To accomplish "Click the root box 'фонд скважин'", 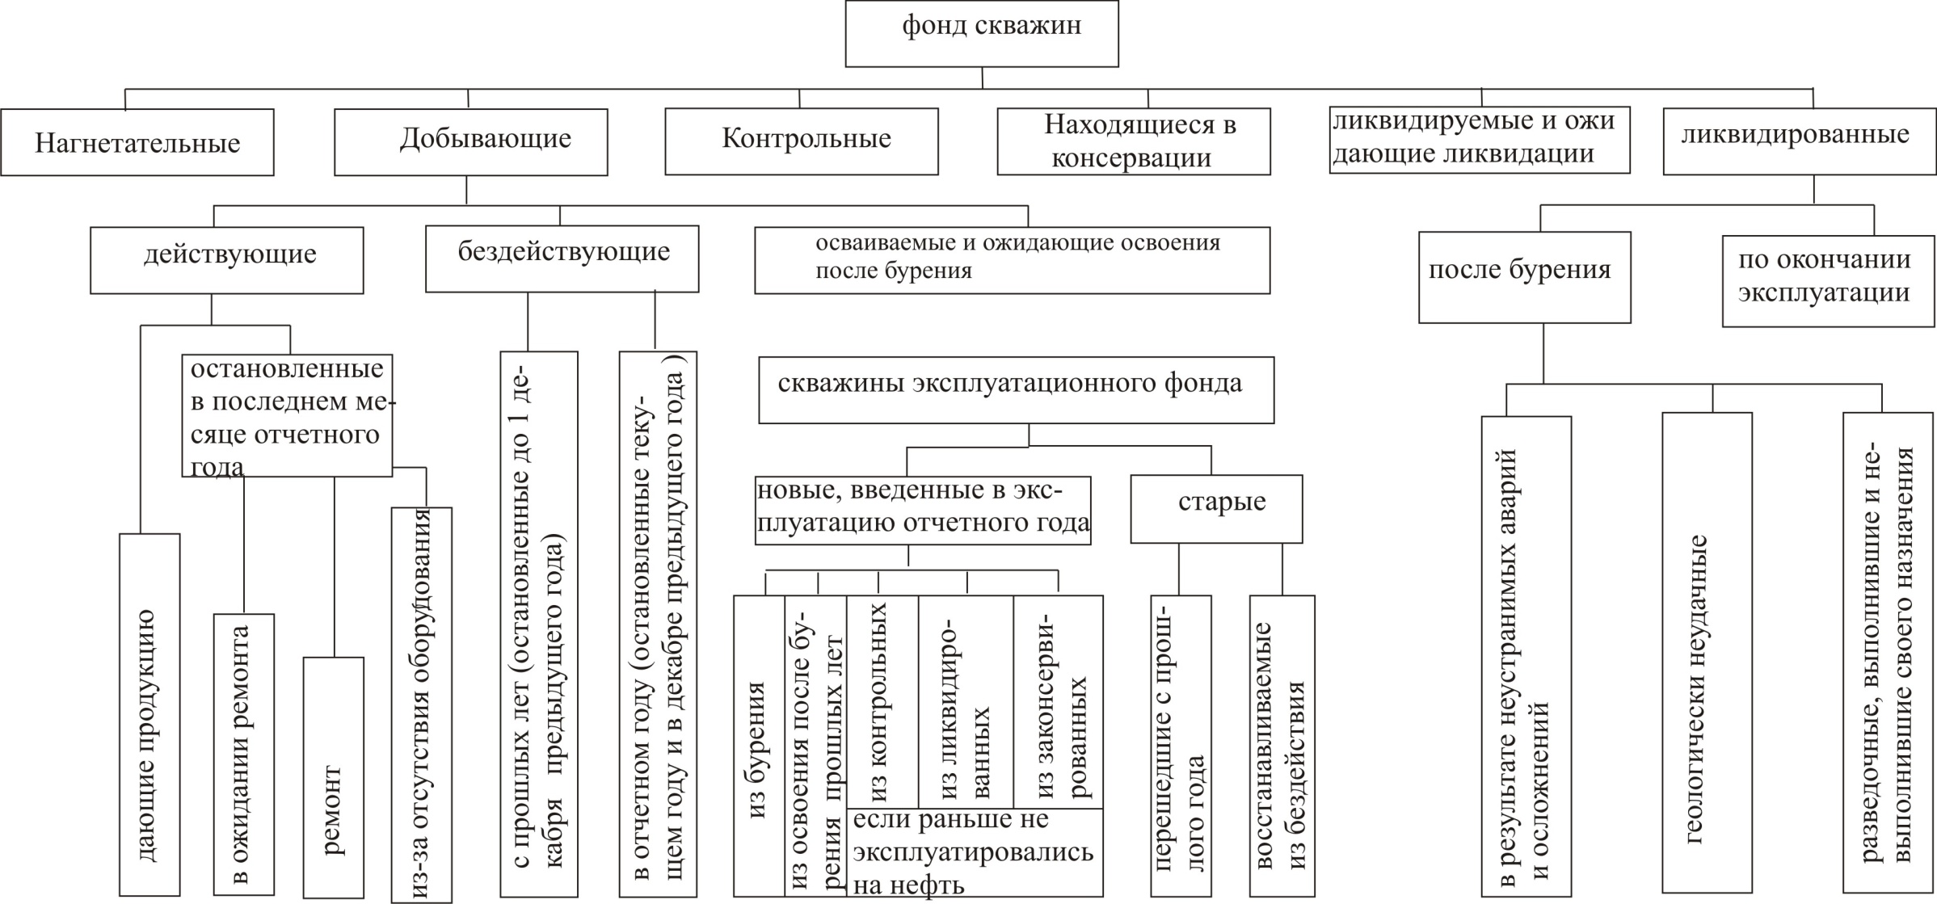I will [982, 33].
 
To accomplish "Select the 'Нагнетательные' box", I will [137, 143].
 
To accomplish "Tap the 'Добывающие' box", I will [471, 142].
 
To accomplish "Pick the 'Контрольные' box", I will [802, 142].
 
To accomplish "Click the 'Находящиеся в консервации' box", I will [1133, 142].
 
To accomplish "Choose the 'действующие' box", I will [227, 259].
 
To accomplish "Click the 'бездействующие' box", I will [562, 259].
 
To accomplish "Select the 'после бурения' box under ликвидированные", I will [1524, 277].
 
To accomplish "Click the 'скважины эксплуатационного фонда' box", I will [1016, 390].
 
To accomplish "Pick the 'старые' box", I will [1216, 509].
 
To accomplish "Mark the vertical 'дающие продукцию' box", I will [149, 714].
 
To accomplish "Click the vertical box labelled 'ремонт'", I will [333, 777].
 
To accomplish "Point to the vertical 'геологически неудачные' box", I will [1707, 653].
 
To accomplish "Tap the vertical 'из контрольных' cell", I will [882, 701].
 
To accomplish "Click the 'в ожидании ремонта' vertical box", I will [244, 755].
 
